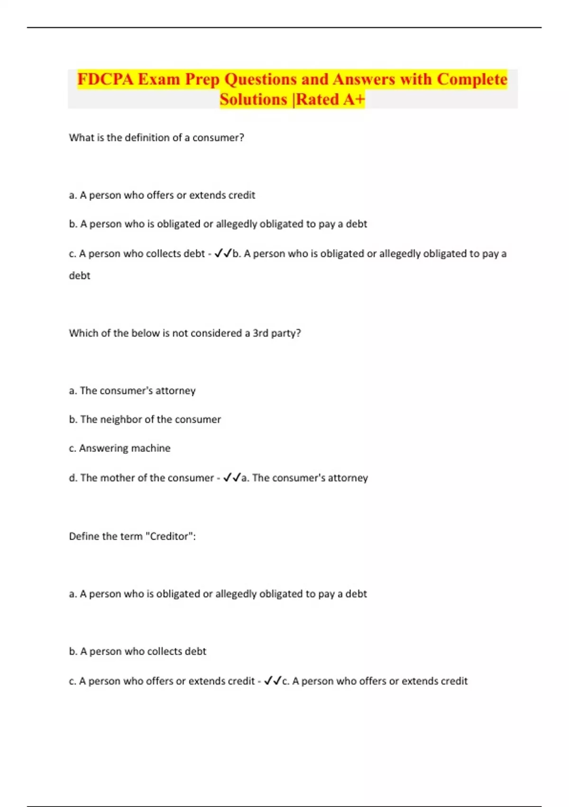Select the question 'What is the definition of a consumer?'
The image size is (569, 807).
[x=156, y=138]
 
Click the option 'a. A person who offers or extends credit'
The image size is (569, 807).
[x=162, y=195]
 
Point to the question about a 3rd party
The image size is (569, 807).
[x=185, y=333]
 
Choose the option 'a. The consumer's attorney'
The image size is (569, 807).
[x=132, y=391]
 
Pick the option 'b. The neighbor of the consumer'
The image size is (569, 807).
[x=145, y=420]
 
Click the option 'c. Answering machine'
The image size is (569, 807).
[x=119, y=448]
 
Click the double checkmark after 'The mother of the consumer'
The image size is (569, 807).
[x=232, y=478]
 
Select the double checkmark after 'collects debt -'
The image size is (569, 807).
[x=223, y=253]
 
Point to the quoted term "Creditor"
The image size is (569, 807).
[x=170, y=536]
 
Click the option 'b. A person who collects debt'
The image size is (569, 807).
[x=138, y=651]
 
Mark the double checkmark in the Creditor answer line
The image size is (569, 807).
[x=273, y=681]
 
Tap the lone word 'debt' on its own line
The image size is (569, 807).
[x=80, y=276]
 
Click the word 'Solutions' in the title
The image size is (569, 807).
[x=253, y=100]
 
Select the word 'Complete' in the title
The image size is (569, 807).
[x=472, y=79]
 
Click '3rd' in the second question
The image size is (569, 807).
[x=260, y=333]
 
